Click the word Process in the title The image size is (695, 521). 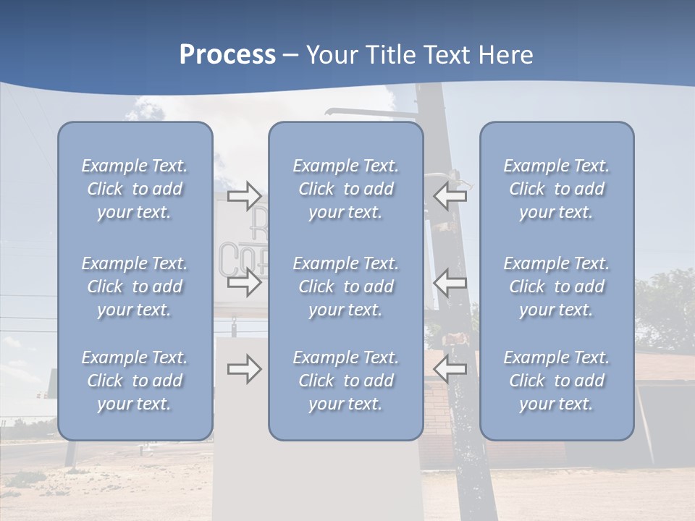tap(227, 55)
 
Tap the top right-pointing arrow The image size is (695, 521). tap(244, 195)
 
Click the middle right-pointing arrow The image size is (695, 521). tap(244, 283)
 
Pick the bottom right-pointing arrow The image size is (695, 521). tap(244, 370)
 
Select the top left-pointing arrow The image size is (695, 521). tap(450, 195)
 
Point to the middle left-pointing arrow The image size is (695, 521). tap(450, 283)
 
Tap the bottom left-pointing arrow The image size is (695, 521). tap(450, 370)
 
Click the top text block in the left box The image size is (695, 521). tap(135, 189)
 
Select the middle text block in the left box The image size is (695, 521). tap(135, 287)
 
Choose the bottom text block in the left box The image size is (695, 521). tap(135, 381)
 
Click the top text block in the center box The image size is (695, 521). tap(346, 189)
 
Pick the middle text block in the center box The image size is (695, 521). tap(346, 287)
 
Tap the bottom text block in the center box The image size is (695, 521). tap(346, 381)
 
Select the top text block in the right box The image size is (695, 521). tap(557, 189)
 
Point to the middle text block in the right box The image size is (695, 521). tap(557, 287)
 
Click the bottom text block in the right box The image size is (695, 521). tap(557, 381)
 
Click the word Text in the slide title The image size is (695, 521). tap(445, 55)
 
